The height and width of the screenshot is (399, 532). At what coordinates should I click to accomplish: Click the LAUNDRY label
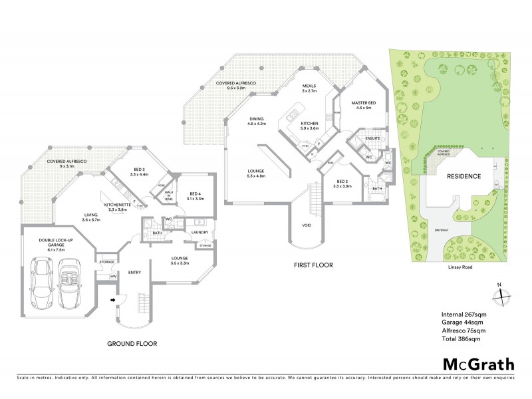[201, 232]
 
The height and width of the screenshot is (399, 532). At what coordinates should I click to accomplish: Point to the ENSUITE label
[372, 138]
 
